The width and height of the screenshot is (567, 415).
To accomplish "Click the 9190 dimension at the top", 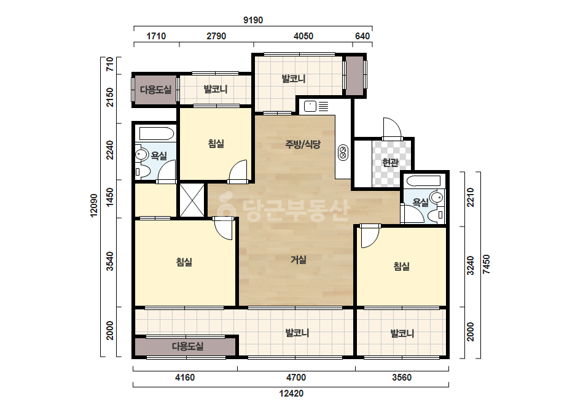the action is [252, 20].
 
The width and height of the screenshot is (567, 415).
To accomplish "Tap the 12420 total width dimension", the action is [291, 394].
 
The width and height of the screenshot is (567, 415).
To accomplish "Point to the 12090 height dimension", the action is [94, 206].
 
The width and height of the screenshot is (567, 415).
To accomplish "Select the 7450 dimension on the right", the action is [487, 264].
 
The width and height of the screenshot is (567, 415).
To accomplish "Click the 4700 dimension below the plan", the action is [296, 378].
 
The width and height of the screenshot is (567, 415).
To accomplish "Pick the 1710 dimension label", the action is [156, 36].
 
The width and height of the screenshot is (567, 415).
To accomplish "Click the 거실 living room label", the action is [299, 260].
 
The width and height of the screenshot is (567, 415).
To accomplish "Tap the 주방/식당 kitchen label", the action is [303, 145].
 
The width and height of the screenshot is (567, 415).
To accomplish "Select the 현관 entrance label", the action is [390, 163].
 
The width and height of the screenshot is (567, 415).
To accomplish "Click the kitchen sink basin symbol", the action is [310, 106].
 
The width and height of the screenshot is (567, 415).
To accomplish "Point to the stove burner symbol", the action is [343, 152].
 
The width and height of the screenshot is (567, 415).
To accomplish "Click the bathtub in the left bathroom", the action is [157, 133].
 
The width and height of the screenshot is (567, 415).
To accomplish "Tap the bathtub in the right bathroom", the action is [423, 180].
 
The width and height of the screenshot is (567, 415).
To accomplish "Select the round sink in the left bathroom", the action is [142, 155].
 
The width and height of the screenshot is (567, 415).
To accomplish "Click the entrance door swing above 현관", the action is [393, 128].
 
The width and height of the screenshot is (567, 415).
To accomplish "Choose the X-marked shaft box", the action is [192, 200].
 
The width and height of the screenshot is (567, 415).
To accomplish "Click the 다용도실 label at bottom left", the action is [187, 346].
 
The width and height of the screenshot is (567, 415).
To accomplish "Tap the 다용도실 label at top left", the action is [156, 90].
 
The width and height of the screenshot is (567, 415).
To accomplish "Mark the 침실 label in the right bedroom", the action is [401, 267].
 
